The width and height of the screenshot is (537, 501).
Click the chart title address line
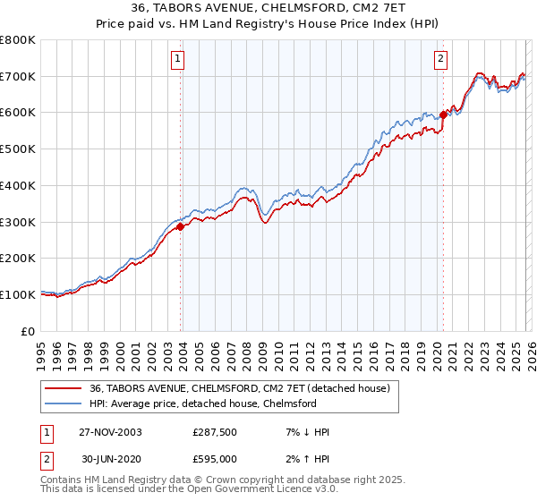click(268, 7)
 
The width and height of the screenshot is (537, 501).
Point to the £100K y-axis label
click(18, 294)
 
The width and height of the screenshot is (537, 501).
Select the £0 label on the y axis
click(30, 331)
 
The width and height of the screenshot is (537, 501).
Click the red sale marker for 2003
click(181, 226)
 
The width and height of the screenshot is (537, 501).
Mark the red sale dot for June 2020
click(443, 115)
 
